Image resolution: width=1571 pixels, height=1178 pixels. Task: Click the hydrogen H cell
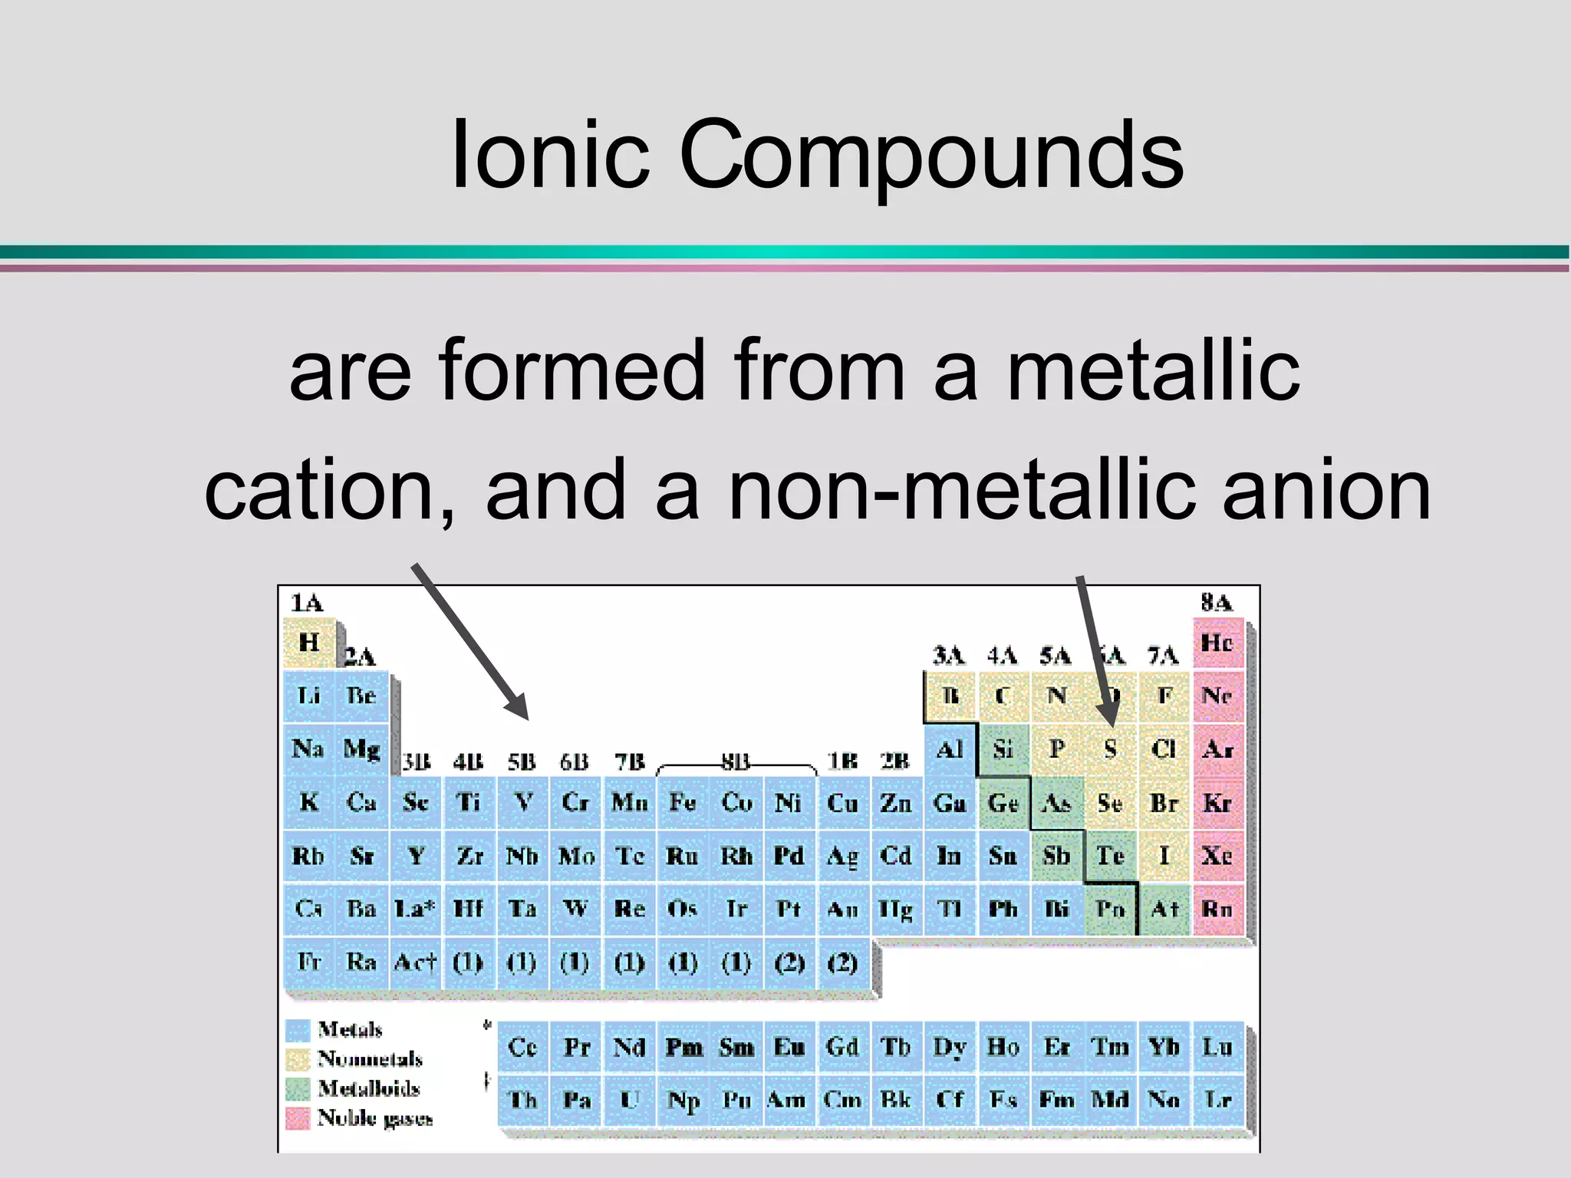308,642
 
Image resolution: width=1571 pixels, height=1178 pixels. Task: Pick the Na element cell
308,749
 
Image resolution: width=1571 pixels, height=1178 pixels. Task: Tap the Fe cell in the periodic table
682,802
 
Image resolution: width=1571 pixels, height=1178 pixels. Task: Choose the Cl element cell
1163,749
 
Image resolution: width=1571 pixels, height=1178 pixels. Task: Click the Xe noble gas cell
1217,855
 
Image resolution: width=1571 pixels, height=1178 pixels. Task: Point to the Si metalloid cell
1003,749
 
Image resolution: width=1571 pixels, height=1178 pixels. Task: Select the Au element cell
842,909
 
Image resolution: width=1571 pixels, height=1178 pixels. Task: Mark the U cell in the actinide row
629,1100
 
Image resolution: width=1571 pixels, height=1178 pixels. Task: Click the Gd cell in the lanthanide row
842,1047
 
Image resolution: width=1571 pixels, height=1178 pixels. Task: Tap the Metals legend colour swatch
298,1030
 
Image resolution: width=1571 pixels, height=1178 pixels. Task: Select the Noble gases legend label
375,1118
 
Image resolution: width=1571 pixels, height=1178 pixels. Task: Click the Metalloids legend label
369,1088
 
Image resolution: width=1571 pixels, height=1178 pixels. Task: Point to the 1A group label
307,603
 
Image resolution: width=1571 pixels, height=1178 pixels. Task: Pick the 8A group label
1217,603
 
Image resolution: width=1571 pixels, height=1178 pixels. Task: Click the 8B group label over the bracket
735,761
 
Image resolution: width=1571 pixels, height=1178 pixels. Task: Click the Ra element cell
361,962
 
